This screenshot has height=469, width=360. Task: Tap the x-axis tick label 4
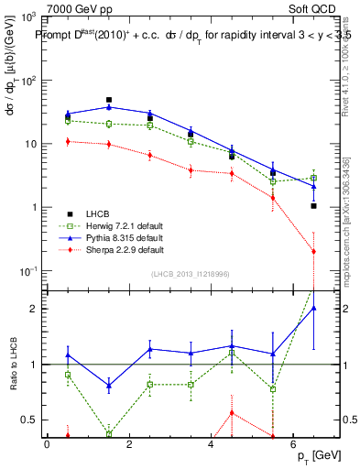[x=211, y=444]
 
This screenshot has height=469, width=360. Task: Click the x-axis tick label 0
[x=47, y=444]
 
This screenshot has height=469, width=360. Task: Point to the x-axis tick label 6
[x=292, y=444]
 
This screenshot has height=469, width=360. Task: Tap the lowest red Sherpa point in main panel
[x=314, y=251]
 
